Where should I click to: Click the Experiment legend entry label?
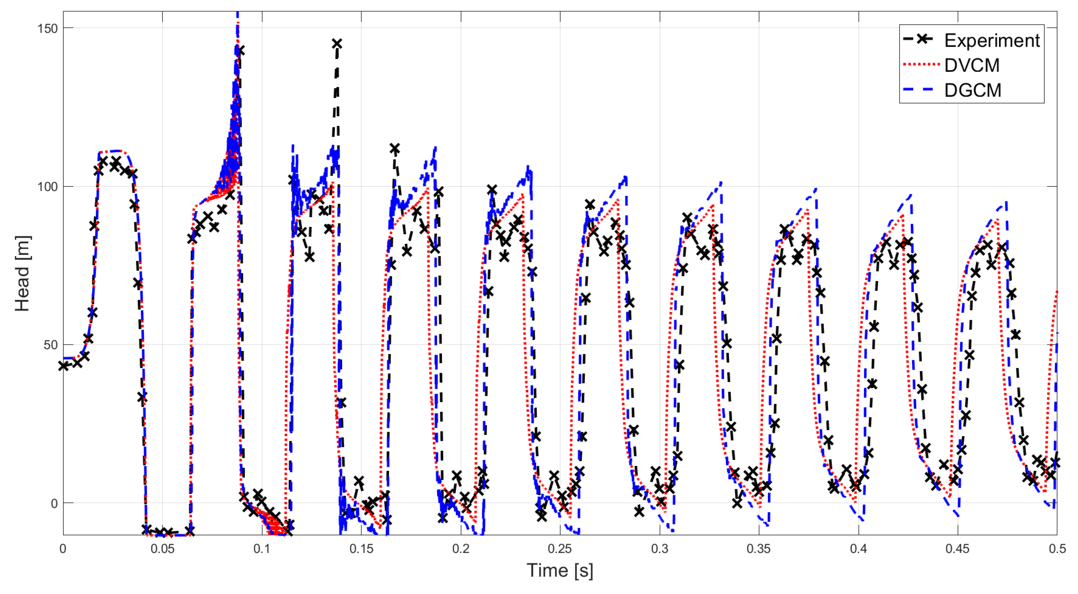pos(991,41)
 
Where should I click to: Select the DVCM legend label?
pos(972,65)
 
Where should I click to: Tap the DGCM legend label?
pos(973,90)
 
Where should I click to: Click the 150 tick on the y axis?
pos(47,29)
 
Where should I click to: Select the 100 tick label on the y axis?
pos(47,187)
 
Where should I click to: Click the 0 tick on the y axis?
pos(54,504)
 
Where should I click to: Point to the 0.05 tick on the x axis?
pos(163,548)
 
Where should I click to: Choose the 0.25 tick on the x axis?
pos(560,548)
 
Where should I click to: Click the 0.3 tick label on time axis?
pos(659,548)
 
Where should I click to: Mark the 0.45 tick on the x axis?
pos(958,548)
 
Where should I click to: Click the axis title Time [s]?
pos(560,571)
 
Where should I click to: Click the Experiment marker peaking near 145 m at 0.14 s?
pos(337,44)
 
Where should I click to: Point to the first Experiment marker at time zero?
pos(64,366)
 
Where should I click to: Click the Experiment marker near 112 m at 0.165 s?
pos(395,149)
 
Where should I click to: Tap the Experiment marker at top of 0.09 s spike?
pos(239,51)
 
